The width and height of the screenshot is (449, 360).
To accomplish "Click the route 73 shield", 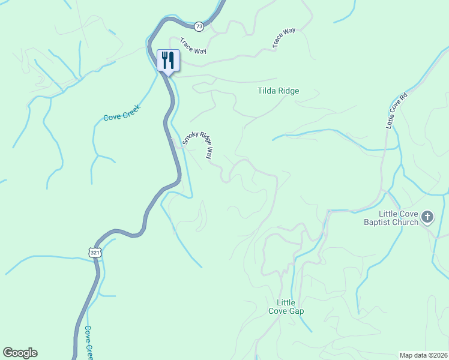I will click(x=199, y=26).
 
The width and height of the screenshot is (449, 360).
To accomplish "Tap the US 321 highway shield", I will click(x=96, y=253).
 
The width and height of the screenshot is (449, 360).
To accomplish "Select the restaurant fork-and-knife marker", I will click(x=167, y=61).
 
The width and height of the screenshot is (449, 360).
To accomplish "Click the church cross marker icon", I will click(x=427, y=217).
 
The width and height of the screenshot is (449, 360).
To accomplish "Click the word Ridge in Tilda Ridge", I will click(x=289, y=91).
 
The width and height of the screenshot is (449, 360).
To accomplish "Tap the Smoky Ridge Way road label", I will click(x=197, y=145).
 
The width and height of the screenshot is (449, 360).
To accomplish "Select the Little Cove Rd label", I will click(x=396, y=110).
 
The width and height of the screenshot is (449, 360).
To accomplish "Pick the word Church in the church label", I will click(x=406, y=223).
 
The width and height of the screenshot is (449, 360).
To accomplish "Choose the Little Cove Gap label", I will click(x=286, y=307).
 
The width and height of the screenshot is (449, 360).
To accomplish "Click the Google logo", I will click(x=20, y=353).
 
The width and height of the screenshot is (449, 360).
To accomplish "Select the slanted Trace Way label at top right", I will click(x=284, y=38).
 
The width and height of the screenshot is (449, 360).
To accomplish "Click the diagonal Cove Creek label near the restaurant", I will click(x=122, y=113).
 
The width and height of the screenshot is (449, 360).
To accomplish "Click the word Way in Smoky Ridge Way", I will click(x=209, y=154).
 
